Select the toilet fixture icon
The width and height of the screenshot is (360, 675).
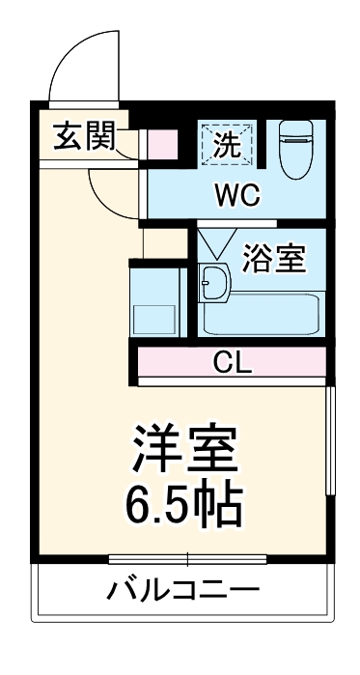coord(294,150)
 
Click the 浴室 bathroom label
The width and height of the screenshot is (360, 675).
coord(273,259)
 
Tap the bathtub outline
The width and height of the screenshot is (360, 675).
coord(261,312)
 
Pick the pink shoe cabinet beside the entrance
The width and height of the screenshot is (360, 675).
coord(163,144)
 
